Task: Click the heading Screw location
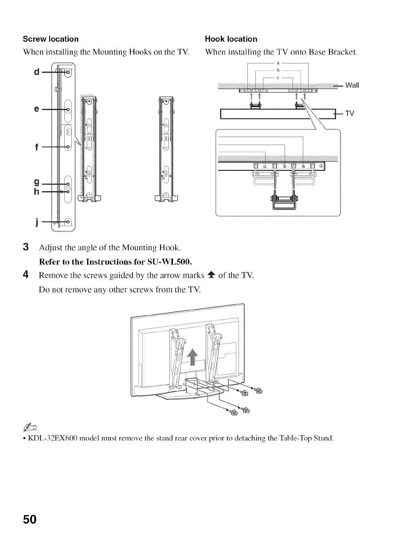51,39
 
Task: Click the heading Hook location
231,39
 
